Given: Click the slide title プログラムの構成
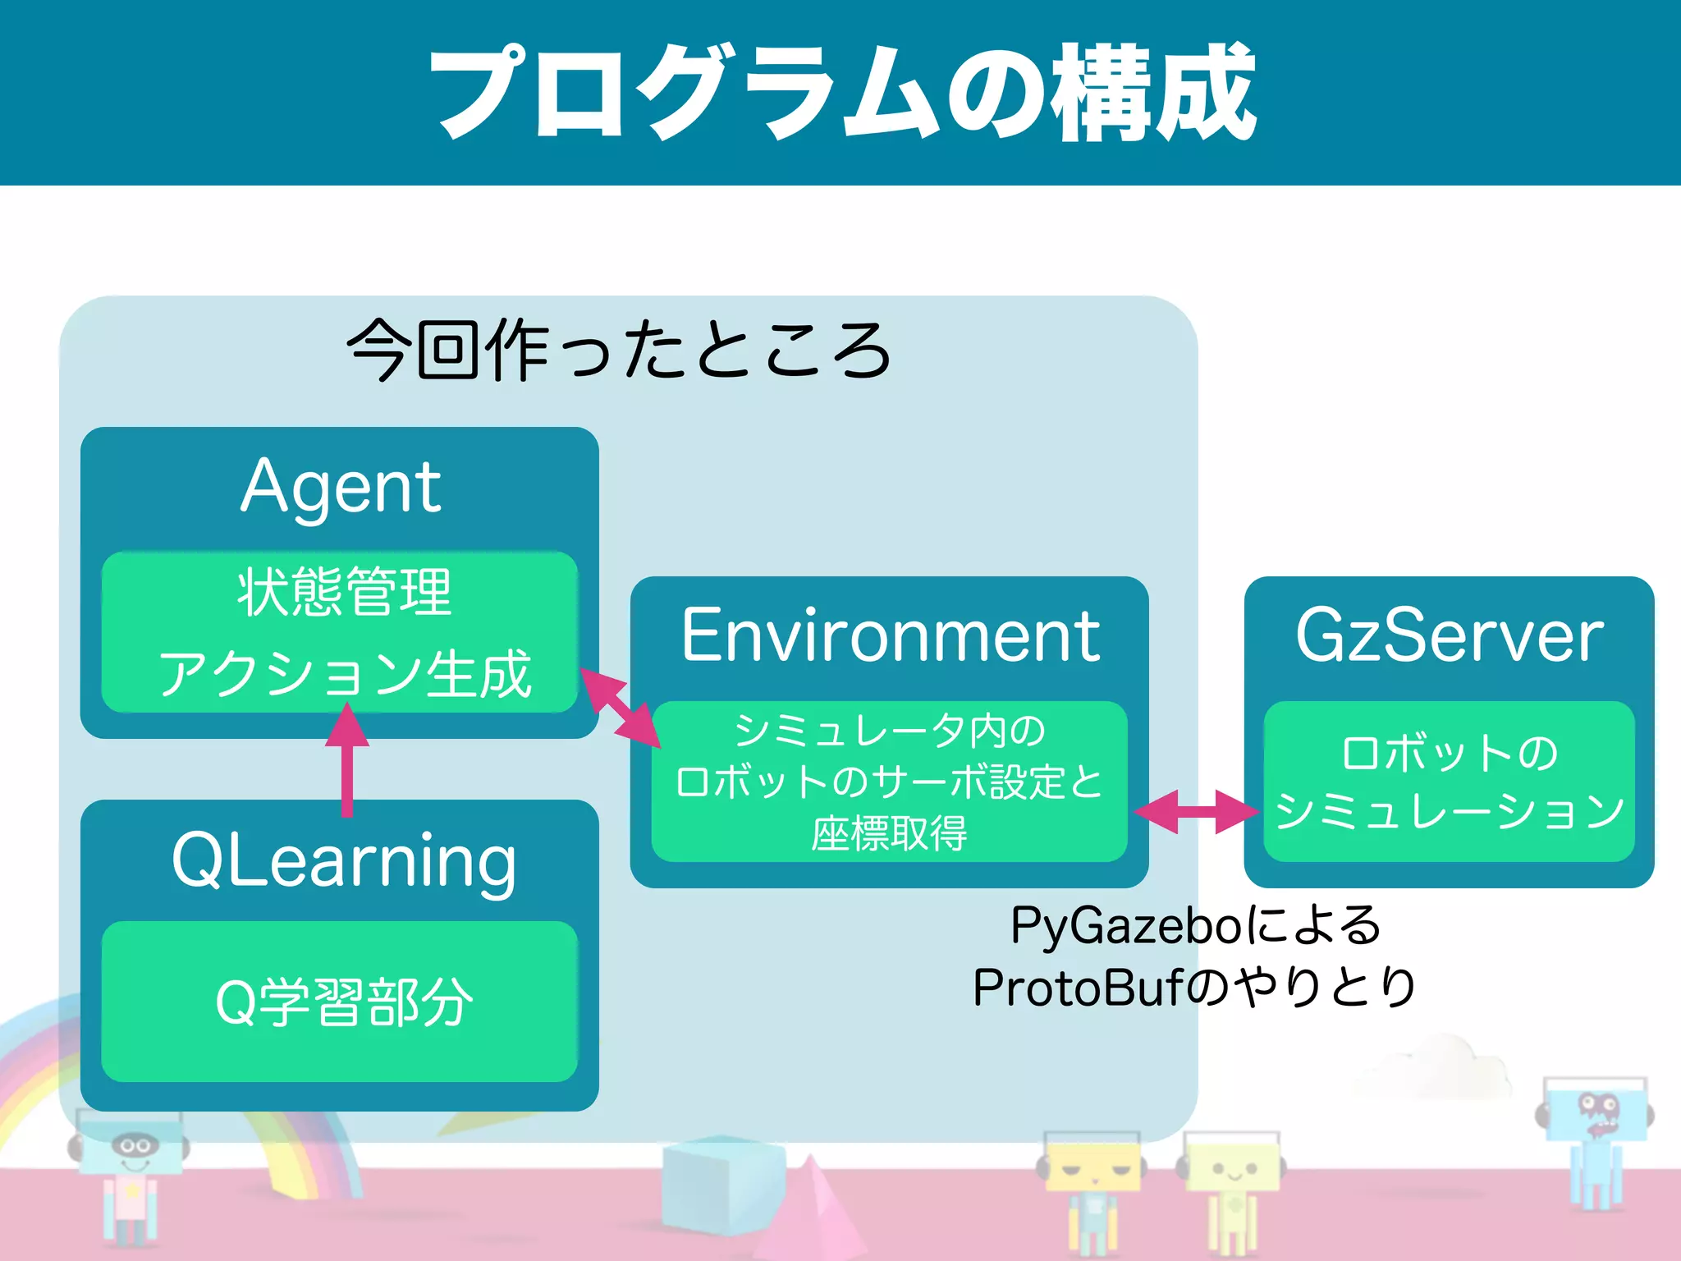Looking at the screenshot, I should [842, 92].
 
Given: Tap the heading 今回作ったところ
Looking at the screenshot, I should [620, 351].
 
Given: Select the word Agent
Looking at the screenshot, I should [341, 487].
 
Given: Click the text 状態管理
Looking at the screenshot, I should [344, 592].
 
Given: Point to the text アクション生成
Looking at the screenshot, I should [344, 673].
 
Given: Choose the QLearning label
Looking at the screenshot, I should [344, 860].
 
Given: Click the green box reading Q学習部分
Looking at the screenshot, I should [340, 1002].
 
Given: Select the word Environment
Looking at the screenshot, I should [890, 635].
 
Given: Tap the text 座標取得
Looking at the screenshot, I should [889, 834].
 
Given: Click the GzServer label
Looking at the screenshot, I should [1449, 635].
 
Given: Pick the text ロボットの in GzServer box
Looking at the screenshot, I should [1449, 752].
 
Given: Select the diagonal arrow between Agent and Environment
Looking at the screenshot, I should [621, 708].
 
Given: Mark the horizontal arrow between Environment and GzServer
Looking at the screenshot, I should [1197, 811].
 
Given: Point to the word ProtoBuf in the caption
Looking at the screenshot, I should [1077, 988].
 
